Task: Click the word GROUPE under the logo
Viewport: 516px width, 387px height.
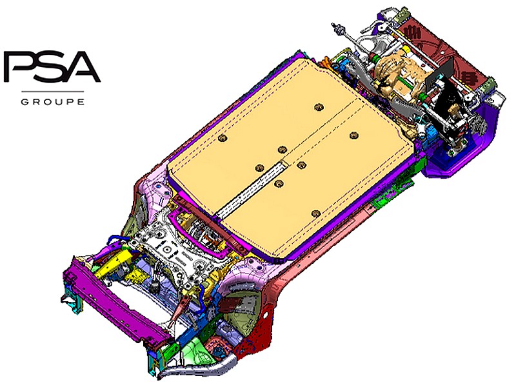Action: pos(52,101)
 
